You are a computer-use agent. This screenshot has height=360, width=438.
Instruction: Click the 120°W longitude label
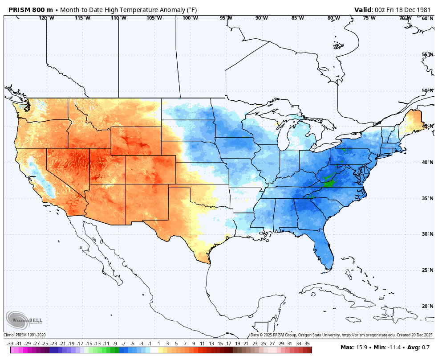coord(46,18)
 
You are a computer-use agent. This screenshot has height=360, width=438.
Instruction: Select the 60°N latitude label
coord(427,18)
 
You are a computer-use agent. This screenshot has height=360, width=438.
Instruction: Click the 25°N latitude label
coord(427,270)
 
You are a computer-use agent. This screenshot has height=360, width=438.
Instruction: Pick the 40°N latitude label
coord(427,162)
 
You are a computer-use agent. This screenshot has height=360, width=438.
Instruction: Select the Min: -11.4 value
coord(386,347)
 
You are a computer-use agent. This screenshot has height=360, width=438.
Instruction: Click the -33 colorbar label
coord(10,344)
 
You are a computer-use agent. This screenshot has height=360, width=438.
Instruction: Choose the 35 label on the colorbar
coord(307,344)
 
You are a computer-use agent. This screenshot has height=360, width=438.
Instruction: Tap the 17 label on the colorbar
coord(228,344)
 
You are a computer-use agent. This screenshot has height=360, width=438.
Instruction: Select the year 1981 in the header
coord(425,10)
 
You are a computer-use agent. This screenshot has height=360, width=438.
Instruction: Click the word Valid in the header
coord(364,10)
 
